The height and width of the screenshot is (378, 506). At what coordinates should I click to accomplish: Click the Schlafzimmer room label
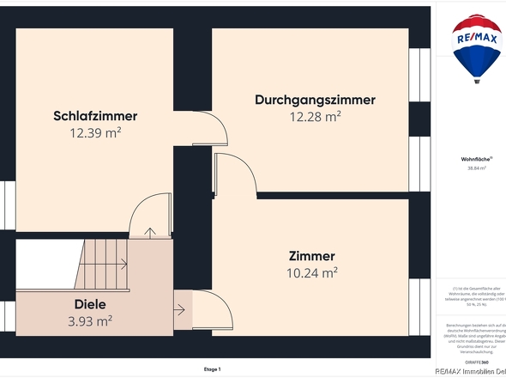pyautogui.click(x=95, y=116)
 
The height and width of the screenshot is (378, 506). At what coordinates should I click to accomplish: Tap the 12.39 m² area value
pyautogui.click(x=95, y=133)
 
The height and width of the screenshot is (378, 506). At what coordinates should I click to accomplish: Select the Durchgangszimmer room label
pyautogui.click(x=315, y=100)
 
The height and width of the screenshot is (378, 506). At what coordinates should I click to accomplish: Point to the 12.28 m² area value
pyautogui.click(x=315, y=117)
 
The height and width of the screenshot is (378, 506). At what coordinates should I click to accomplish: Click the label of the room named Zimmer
pyautogui.click(x=311, y=256)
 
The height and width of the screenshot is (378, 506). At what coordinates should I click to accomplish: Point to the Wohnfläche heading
pyautogui.click(x=476, y=159)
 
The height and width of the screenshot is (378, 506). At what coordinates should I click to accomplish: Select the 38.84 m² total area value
pyautogui.click(x=476, y=168)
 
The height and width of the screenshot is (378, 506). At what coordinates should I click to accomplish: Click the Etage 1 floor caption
pyautogui.click(x=212, y=369)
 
